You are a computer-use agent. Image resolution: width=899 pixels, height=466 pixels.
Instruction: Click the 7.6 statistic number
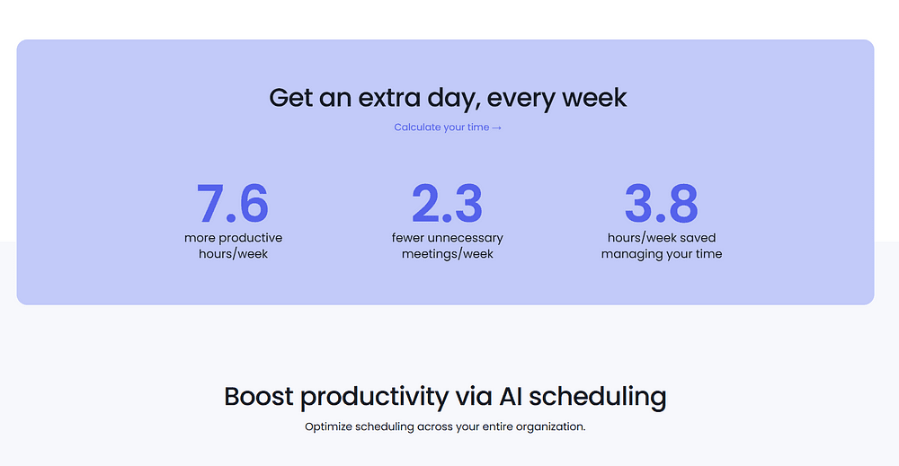point(232,203)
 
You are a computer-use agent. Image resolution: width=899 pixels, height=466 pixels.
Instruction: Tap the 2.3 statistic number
point(447,203)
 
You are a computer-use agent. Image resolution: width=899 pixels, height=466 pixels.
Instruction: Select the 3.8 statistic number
point(661,203)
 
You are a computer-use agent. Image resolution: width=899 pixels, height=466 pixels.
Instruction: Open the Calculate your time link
point(448,127)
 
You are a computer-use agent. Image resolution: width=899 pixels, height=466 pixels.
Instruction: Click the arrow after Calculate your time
point(496,127)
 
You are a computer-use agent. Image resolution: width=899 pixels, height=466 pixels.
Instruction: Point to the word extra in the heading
point(389,98)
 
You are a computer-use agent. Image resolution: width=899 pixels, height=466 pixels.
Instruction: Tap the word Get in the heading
point(290,98)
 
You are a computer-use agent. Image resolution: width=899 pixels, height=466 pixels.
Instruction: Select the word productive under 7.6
point(250,238)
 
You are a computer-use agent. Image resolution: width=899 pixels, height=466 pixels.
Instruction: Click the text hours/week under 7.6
point(234,253)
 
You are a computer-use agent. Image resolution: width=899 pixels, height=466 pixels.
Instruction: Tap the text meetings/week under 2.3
point(447,254)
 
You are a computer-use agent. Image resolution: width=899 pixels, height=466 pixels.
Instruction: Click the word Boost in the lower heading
point(259,396)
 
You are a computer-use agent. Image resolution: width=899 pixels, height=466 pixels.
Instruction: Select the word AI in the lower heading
point(511,396)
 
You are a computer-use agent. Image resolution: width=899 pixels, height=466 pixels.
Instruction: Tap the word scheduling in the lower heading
point(598,397)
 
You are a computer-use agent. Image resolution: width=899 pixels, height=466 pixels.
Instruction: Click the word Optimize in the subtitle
point(328,427)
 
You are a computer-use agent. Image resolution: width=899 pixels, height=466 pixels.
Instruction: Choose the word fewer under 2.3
point(407,238)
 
